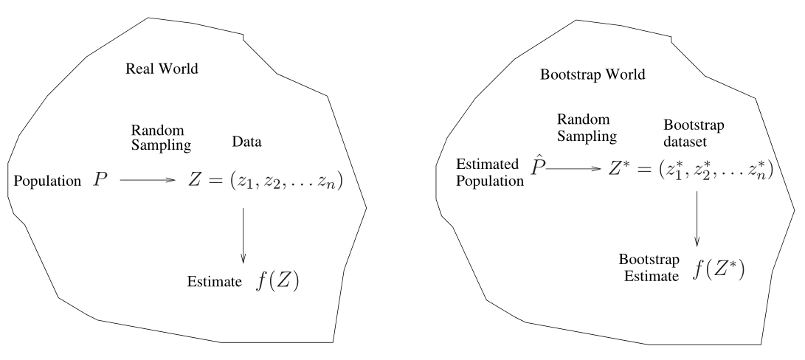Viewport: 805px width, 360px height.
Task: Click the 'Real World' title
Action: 163,69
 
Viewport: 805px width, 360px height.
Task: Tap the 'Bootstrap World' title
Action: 583,75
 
